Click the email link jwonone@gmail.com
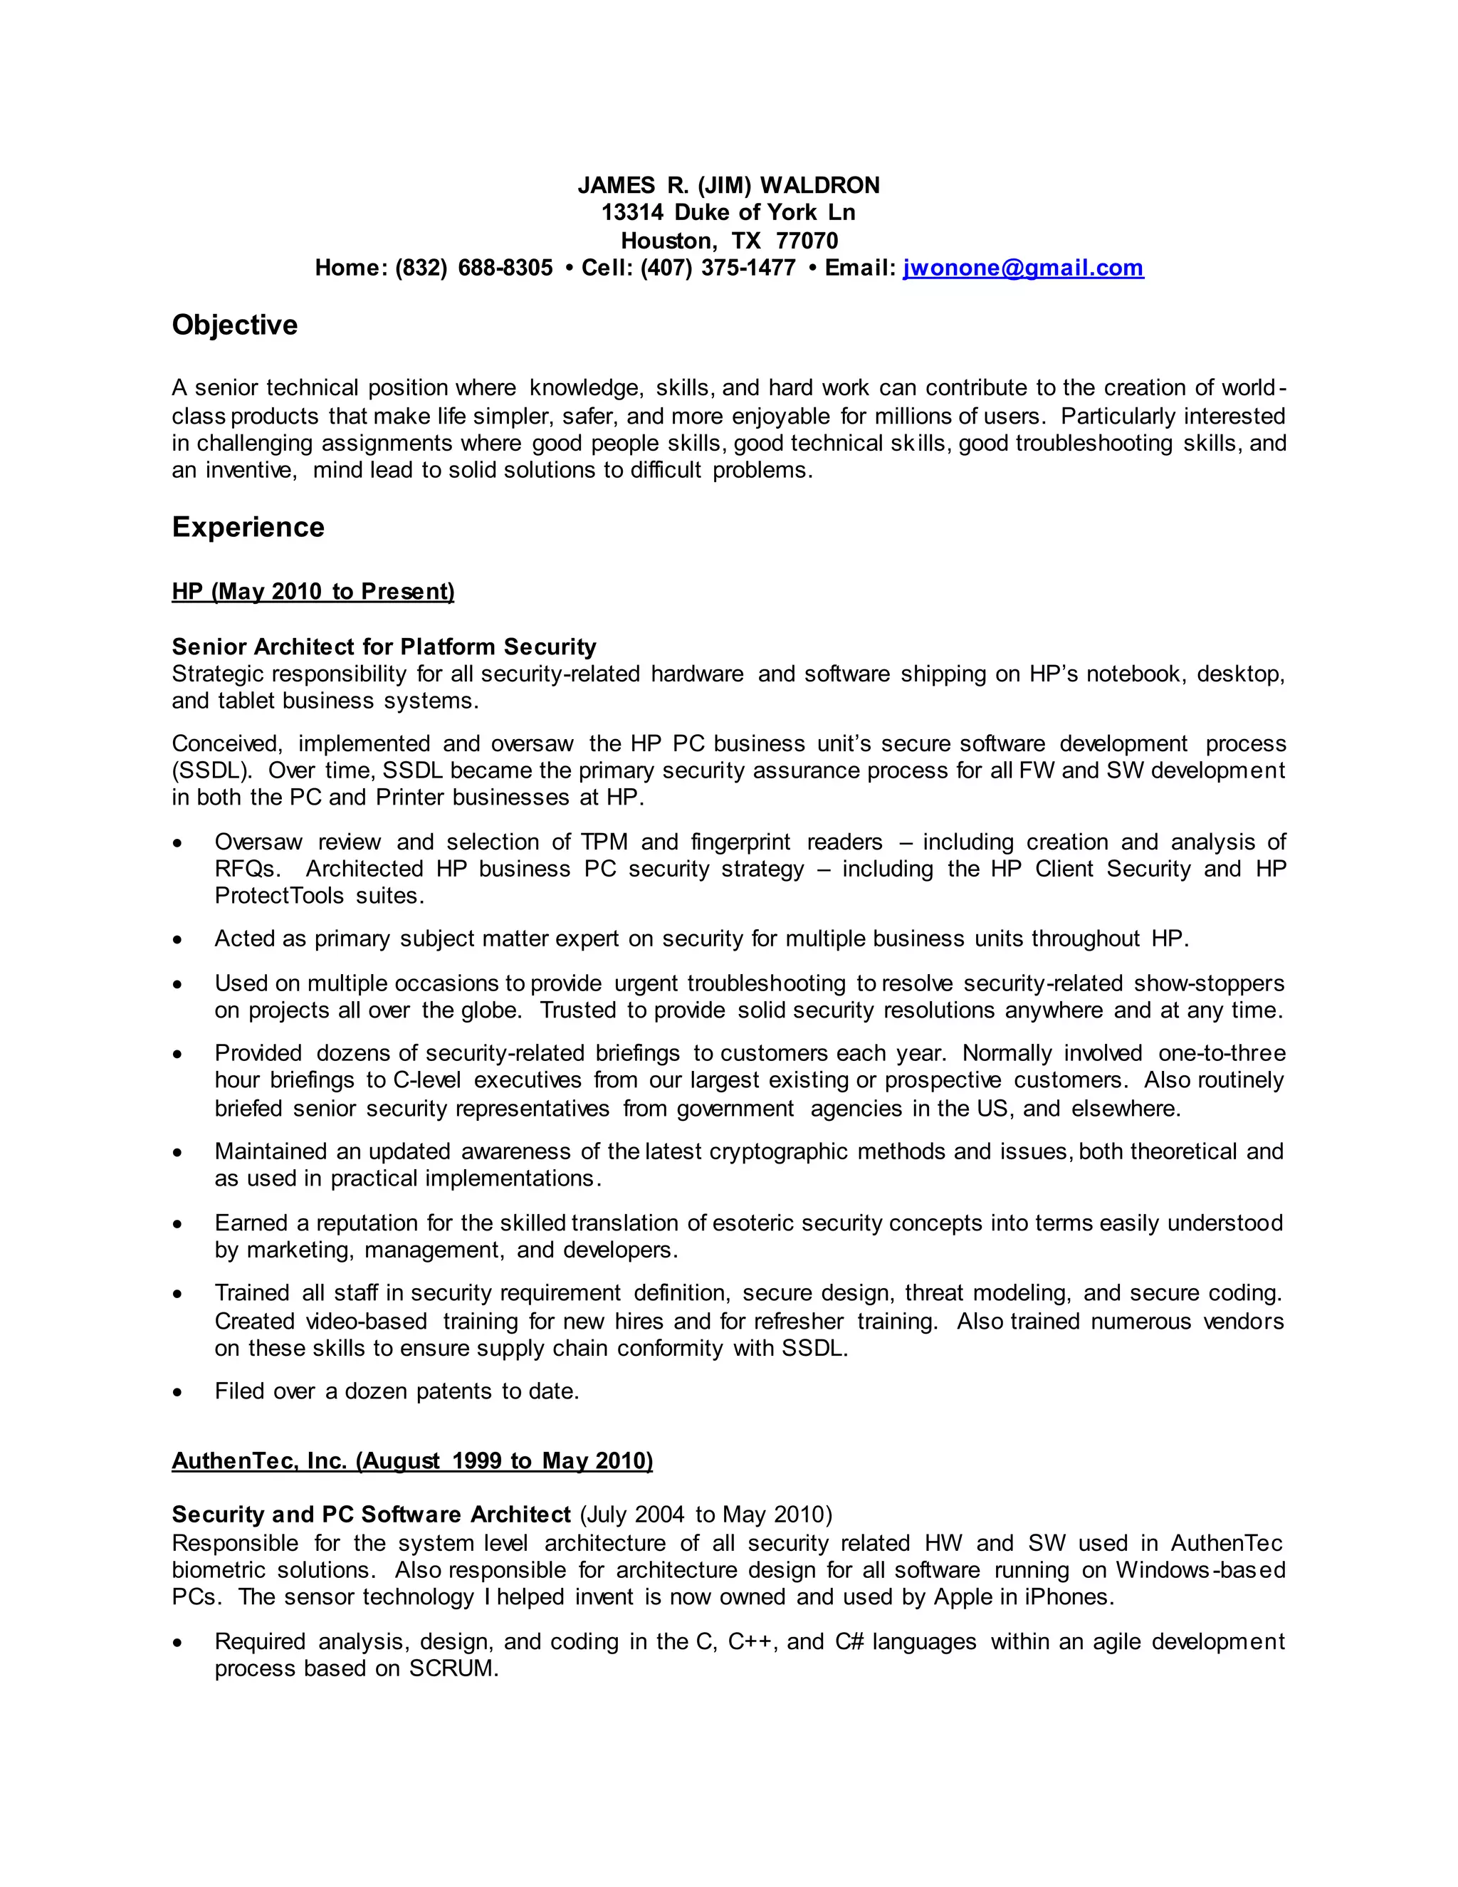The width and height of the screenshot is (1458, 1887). click(1023, 268)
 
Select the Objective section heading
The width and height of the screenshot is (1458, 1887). click(234, 325)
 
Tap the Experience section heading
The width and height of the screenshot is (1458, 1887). click(248, 527)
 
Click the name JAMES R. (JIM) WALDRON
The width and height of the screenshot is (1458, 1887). click(728, 185)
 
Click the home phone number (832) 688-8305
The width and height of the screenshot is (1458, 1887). click(473, 268)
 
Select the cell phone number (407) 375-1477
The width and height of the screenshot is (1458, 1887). click(717, 268)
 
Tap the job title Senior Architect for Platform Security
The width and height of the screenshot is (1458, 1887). click(384, 647)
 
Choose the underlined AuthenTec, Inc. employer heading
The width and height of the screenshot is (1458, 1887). click(412, 1460)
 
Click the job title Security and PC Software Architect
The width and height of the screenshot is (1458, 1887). click(372, 1515)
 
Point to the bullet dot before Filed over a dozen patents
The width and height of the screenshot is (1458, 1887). click(177, 1392)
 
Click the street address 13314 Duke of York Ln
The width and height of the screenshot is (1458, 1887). click(728, 212)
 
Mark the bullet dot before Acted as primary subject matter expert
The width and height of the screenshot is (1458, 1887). click(177, 939)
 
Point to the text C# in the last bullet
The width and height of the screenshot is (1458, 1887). click(849, 1641)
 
